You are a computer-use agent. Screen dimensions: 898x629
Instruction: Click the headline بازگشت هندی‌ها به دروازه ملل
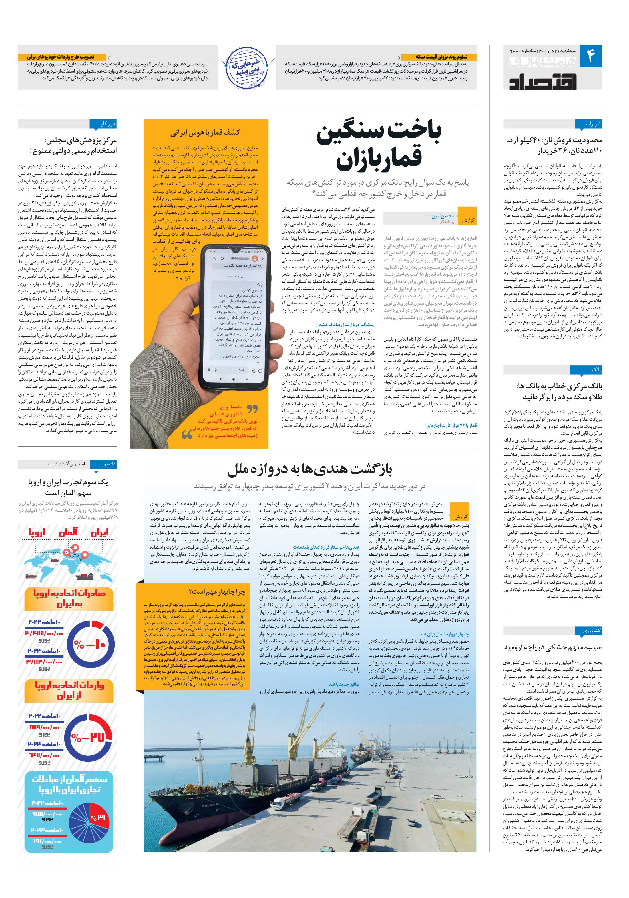tap(309, 469)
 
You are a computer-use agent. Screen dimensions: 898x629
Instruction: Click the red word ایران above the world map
tap(99, 533)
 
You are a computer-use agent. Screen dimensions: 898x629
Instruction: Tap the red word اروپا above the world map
tap(37, 533)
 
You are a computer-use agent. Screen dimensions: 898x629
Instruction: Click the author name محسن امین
tap(443, 216)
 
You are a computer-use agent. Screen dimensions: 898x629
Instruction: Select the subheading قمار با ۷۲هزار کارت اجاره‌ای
tap(451, 425)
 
